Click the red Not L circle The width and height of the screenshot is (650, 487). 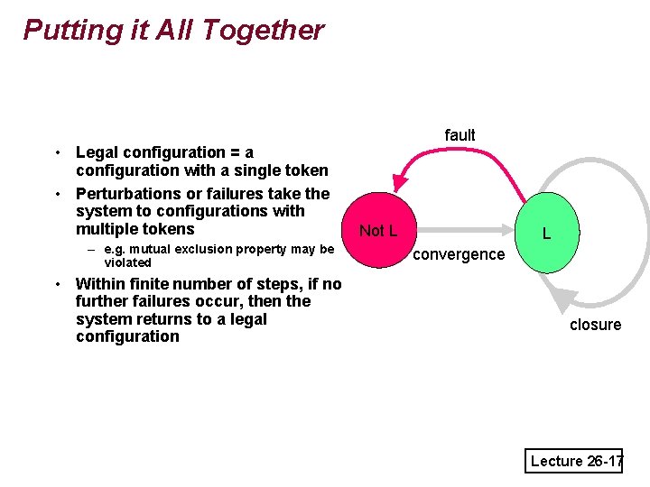pyautogui.click(x=377, y=230)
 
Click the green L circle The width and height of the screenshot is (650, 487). pyautogui.click(x=546, y=233)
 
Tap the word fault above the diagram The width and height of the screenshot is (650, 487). pyautogui.click(x=460, y=134)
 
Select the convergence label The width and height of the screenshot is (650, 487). pyautogui.click(x=459, y=254)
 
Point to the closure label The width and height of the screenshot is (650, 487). pyautogui.click(x=595, y=325)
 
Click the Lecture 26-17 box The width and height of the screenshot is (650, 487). pyautogui.click(x=576, y=461)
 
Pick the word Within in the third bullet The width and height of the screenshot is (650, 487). pyautogui.click(x=99, y=284)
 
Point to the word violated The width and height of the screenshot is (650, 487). pyautogui.click(x=128, y=262)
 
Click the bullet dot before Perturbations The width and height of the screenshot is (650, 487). pyautogui.click(x=57, y=194)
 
